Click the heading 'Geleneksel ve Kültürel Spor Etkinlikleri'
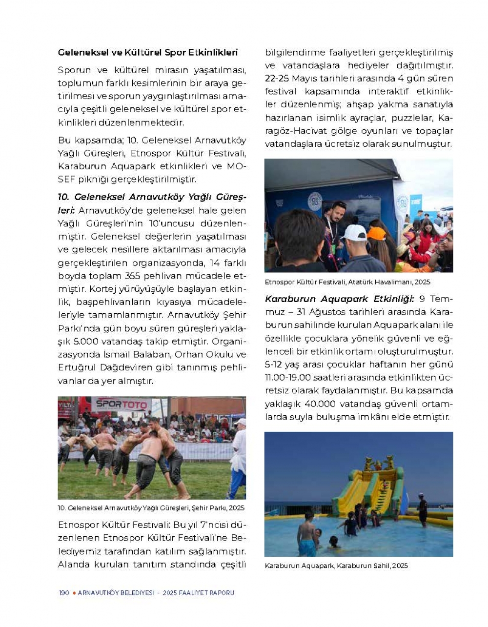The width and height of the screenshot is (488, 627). [x=147, y=52]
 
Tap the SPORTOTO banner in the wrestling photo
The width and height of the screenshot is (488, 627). [x=122, y=404]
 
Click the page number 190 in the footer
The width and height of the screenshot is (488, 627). [x=63, y=593]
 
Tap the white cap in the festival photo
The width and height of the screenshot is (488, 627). [x=354, y=232]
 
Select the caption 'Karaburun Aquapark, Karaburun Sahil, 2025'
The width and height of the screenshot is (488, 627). [x=336, y=566]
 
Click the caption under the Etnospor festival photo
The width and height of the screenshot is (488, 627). [x=347, y=282]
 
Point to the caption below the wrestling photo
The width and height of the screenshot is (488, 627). [x=151, y=508]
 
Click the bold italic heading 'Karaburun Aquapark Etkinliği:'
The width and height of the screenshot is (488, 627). [x=339, y=299]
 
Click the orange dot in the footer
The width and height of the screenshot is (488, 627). [x=74, y=593]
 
